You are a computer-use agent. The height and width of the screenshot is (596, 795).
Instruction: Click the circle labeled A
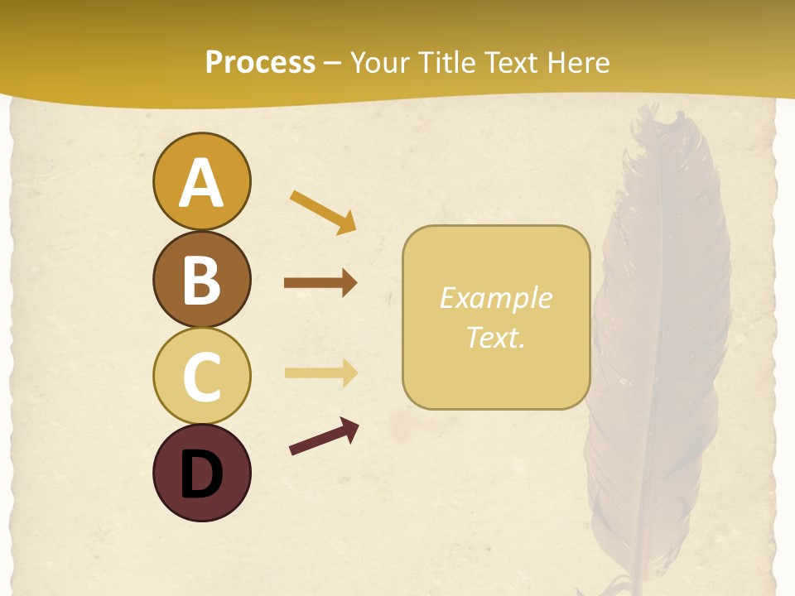tap(201, 181)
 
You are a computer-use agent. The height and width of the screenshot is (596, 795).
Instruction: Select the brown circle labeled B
tap(201, 279)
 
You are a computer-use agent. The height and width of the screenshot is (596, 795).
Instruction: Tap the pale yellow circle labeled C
tap(201, 377)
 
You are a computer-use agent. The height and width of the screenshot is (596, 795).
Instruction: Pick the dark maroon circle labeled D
tap(201, 473)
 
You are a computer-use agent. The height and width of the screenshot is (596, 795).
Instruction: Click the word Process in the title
tap(260, 63)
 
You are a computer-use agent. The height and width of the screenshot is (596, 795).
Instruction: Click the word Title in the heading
tap(445, 63)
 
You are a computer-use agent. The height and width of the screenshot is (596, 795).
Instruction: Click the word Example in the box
tap(495, 298)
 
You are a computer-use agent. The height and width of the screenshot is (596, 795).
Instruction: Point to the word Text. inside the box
tap(495, 337)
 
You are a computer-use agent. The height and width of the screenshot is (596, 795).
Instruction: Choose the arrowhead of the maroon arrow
tap(349, 428)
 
